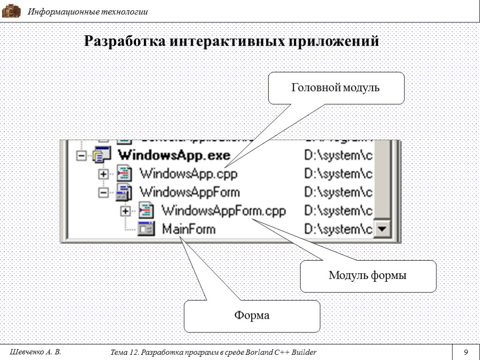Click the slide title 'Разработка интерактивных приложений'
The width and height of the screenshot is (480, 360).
(231, 42)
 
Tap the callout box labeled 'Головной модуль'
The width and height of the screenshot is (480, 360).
(336, 88)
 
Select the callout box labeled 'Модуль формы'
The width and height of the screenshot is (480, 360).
(367, 276)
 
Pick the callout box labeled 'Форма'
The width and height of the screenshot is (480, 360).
(252, 315)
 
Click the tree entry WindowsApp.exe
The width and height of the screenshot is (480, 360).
(173, 155)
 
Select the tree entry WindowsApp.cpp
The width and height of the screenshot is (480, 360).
(188, 174)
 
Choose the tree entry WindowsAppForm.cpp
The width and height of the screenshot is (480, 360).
(223, 210)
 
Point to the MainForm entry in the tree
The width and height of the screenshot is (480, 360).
(188, 229)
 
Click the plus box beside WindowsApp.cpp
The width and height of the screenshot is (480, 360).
(104, 174)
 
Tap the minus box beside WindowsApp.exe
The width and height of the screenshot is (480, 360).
(82, 156)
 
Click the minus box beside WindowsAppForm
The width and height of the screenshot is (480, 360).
(104, 192)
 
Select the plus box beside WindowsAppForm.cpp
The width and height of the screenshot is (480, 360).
(125, 211)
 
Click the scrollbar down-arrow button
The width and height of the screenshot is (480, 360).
(383, 230)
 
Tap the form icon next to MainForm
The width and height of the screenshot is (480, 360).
(146, 229)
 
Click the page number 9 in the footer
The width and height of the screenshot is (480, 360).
(466, 352)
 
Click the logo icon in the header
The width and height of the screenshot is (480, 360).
(12, 11)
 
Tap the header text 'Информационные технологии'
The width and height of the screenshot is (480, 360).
(88, 12)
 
